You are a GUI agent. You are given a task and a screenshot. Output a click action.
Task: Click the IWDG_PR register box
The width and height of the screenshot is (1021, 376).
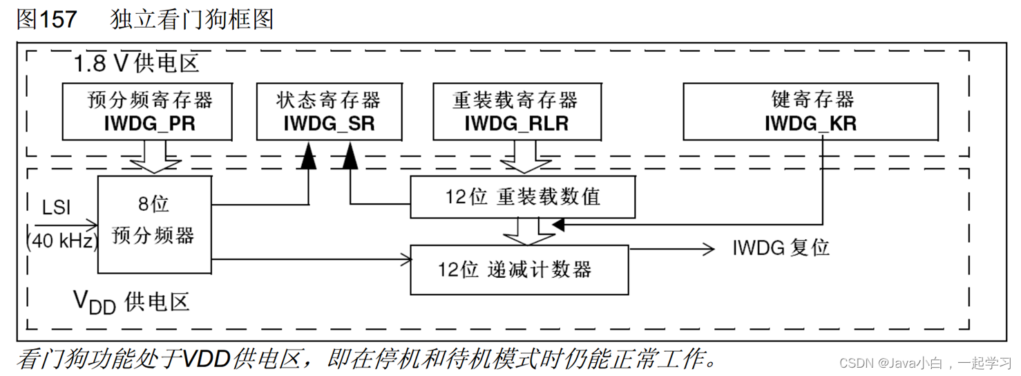[x=150, y=111]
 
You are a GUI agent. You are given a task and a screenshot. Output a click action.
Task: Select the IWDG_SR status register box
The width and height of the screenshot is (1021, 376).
[x=328, y=111]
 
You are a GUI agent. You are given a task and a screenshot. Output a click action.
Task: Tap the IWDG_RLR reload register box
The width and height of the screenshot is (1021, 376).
[x=515, y=111]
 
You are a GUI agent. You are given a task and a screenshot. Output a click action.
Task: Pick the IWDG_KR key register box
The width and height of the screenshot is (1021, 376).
[x=810, y=111]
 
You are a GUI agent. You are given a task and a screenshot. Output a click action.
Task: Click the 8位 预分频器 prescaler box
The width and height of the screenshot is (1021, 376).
[x=153, y=224]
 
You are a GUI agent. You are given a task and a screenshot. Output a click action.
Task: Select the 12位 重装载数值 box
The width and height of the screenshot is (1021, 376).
[x=522, y=197]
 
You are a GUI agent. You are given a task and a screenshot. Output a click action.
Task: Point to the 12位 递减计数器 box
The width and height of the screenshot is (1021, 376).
[x=519, y=269]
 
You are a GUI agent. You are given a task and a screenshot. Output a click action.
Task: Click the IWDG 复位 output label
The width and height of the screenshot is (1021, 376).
[x=781, y=248]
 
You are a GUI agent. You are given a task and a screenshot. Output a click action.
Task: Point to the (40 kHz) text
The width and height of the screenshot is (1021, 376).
[x=61, y=241]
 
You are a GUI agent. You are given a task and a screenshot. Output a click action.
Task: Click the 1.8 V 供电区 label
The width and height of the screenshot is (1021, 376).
[x=137, y=64]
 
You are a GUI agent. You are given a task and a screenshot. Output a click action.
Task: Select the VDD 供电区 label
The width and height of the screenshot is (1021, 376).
[x=131, y=302]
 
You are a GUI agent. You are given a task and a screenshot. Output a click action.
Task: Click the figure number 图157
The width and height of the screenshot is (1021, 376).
[x=47, y=19]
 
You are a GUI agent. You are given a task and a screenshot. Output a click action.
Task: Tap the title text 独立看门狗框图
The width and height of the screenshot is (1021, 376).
[x=192, y=19]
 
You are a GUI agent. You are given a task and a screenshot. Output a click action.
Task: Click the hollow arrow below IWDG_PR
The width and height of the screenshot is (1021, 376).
[x=155, y=158]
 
